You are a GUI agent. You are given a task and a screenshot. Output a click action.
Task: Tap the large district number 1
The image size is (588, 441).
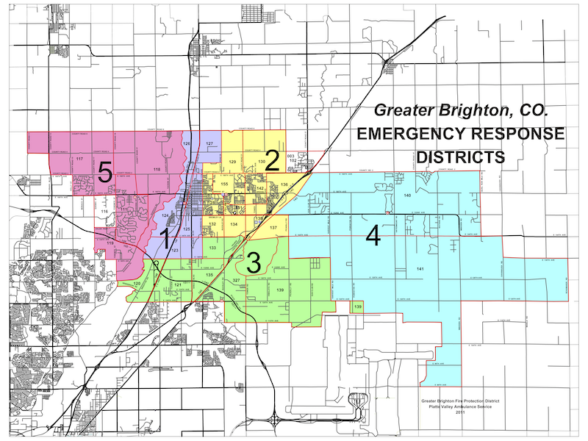pos(166,239)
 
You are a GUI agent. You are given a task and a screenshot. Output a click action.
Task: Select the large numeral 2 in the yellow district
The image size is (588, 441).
pos(272,159)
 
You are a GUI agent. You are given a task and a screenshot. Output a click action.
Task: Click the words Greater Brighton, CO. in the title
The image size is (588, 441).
pos(459,111)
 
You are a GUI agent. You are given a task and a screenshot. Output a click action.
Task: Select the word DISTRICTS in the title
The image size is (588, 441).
pos(460,157)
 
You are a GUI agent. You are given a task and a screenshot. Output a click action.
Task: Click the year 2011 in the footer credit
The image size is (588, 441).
pos(460,412)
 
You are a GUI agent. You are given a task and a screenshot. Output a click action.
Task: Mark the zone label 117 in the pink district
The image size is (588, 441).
pos(79,159)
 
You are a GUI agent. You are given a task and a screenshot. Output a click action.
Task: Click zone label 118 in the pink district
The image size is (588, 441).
pos(157,170)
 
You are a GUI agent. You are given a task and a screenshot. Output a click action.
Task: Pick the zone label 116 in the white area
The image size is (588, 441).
pos(104,212)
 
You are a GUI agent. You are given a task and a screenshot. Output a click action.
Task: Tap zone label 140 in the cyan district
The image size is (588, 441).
pos(406,196)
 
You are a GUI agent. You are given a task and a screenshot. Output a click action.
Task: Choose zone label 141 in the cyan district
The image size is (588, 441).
pos(420,270)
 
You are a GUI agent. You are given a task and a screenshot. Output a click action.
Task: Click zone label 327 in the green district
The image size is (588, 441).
pos(237,281)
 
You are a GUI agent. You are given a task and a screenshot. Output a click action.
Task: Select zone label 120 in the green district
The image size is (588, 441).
pos(137,284)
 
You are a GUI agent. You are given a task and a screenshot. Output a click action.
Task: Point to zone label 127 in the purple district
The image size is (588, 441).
pos(209,143)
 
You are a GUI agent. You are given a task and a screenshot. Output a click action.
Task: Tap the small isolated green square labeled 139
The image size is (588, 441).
pos(358,306)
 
